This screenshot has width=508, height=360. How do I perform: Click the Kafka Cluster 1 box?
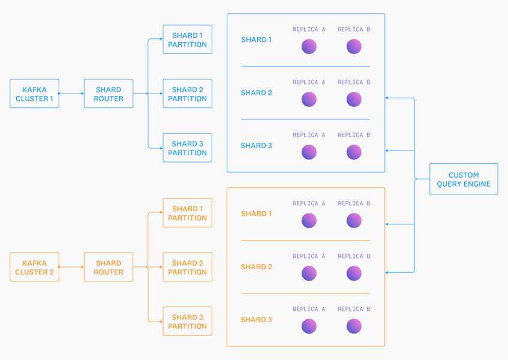pyautogui.click(x=34, y=94)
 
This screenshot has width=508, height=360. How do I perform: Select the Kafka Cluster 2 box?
pyautogui.click(x=34, y=267)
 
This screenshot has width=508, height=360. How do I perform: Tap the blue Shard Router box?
pyautogui.click(x=109, y=94)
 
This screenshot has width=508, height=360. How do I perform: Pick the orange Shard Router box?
pyautogui.click(x=109, y=267)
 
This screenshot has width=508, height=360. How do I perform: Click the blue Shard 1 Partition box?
pyautogui.click(x=188, y=39)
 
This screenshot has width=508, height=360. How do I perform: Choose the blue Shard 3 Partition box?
pyautogui.click(x=188, y=148)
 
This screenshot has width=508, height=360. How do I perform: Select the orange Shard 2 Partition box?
pyautogui.click(x=188, y=267)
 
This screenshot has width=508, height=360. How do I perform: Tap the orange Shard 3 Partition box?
pyautogui.click(x=188, y=321)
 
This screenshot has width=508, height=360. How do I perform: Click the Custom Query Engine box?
pyautogui.click(x=464, y=179)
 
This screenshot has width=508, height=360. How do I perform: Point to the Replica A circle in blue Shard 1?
pyautogui.click(x=309, y=46)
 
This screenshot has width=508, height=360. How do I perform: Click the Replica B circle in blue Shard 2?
pyautogui.click(x=354, y=99)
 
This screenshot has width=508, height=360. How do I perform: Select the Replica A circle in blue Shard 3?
pyautogui.click(x=309, y=152)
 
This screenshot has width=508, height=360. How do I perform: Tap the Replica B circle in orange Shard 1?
pyautogui.click(x=354, y=220)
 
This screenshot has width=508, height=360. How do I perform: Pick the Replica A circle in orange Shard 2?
pyautogui.click(x=309, y=273)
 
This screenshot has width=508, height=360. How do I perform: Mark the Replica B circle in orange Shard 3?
pyautogui.click(x=354, y=326)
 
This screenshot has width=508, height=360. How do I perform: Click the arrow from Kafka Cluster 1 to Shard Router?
pyautogui.click(x=71, y=94)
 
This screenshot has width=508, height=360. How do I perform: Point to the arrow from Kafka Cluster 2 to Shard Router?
pyautogui.click(x=71, y=267)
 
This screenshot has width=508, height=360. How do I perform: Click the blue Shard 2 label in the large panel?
pyautogui.click(x=256, y=92)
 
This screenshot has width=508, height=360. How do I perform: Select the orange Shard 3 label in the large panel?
pyautogui.click(x=256, y=319)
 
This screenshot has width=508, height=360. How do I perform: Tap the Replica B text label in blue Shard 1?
pyautogui.click(x=354, y=29)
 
